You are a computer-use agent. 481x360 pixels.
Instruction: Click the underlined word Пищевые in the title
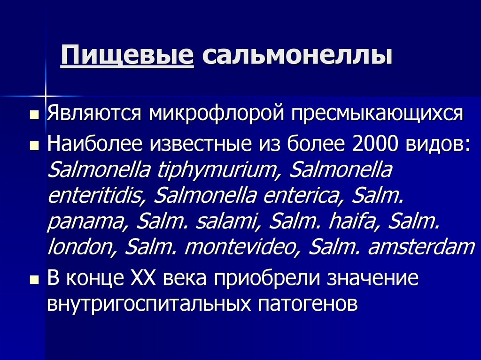click(127, 56)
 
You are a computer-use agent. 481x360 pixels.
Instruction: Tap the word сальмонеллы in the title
click(297, 56)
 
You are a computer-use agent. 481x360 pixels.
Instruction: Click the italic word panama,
click(85, 221)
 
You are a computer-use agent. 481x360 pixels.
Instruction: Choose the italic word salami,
click(223, 221)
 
